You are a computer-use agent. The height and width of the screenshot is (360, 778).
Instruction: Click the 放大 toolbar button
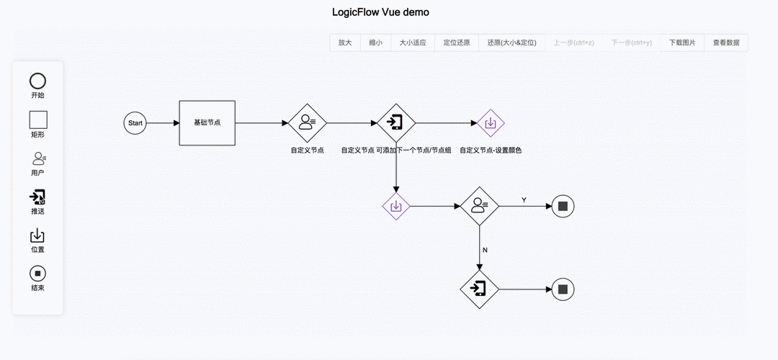pos(345,42)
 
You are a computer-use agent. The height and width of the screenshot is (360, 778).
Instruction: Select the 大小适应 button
pos(413,42)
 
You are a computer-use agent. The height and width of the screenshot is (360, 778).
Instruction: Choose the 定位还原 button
pos(457,42)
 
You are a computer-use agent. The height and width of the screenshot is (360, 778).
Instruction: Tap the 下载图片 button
pos(682,42)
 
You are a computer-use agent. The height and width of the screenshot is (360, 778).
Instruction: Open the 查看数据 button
pos(726,42)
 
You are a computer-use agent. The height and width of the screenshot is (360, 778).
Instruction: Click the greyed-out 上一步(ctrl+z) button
pos(573,42)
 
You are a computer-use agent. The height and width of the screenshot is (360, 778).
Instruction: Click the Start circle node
pos(135,123)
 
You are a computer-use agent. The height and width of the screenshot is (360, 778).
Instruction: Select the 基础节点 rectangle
pos(207,123)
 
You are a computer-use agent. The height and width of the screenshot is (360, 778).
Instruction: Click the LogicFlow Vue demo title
pos(380,12)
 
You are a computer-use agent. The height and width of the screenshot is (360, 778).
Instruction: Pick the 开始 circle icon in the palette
pos(37,81)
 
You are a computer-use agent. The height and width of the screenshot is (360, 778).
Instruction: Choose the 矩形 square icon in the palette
pos(37,120)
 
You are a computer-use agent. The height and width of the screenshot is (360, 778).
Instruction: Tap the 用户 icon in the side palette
pos(38,158)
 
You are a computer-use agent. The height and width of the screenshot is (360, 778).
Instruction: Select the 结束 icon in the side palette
pos(37,274)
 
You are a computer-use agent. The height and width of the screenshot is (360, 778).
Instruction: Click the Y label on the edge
pos(524,199)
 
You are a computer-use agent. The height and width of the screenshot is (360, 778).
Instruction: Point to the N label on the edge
pos(485,250)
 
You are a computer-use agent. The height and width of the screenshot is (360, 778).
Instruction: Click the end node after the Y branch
pos(563,207)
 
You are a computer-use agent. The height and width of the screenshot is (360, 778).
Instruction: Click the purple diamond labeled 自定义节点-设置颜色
pos(491,123)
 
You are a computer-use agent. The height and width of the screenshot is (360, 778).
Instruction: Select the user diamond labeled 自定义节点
pos(307,123)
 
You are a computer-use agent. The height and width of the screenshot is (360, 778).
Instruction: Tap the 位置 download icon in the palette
pos(37,235)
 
